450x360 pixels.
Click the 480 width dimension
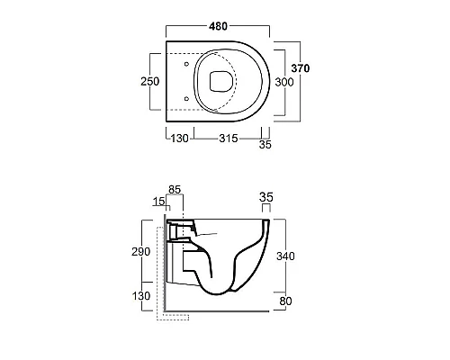[218, 26]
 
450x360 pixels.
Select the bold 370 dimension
[301, 68]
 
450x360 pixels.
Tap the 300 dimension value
[284, 82]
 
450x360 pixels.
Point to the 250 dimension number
[150, 81]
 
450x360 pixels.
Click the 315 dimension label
[229, 139]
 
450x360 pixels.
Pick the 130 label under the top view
[180, 139]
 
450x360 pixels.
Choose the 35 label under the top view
[265, 145]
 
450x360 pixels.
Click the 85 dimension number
[175, 190]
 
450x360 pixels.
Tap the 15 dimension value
[158, 202]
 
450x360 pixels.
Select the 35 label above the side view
[266, 197]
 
